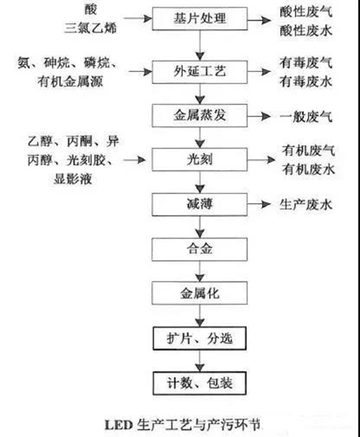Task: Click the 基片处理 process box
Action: click(199, 19)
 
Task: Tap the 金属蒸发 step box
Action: click(199, 117)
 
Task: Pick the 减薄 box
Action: click(199, 204)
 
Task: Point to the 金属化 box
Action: click(199, 293)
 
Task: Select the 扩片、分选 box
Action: click(199, 339)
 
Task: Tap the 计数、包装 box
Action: click(199, 384)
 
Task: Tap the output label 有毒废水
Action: click(305, 82)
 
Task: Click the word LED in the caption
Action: click(116, 422)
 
